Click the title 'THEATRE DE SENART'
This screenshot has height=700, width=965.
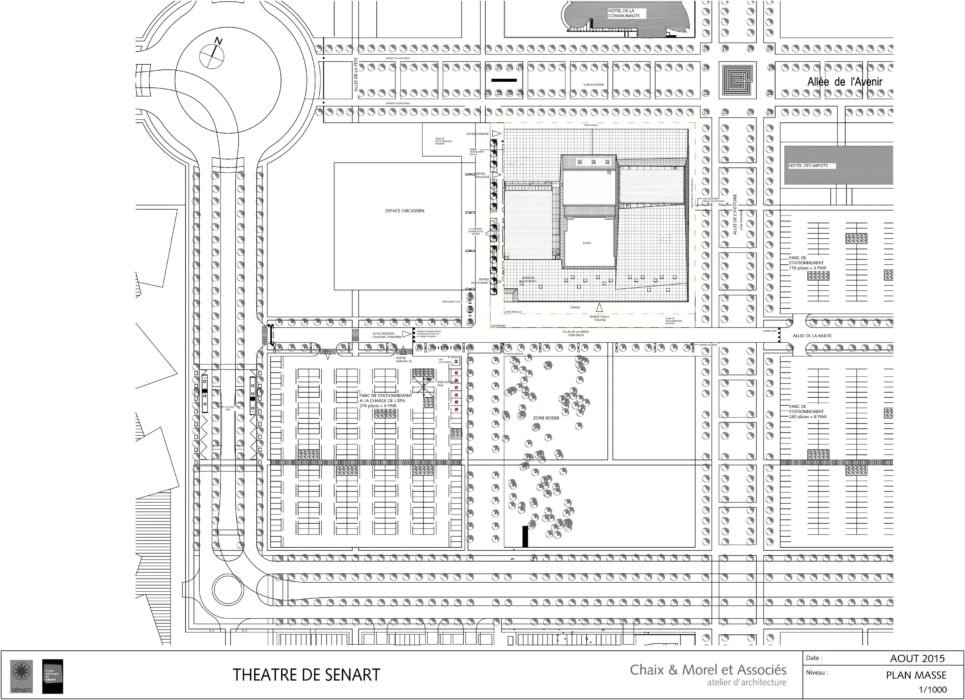[x=306, y=675]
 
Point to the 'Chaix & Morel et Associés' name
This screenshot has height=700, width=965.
[x=708, y=669]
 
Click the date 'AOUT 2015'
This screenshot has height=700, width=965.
[x=917, y=658]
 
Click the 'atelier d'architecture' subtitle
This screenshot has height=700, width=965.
[x=744, y=683]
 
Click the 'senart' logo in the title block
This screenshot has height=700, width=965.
[x=20, y=674]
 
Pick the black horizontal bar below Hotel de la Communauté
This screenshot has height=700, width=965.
[x=504, y=79]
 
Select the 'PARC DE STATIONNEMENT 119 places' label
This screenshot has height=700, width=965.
[x=805, y=263]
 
